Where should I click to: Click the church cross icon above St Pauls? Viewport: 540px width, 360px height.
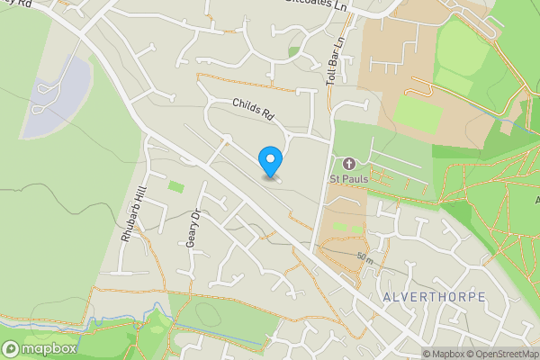pyautogui.click(x=348, y=164)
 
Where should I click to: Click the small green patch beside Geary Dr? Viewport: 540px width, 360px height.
pyautogui.click(x=175, y=186)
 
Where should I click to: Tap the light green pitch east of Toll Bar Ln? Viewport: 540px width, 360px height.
pyautogui.click(x=418, y=112)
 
